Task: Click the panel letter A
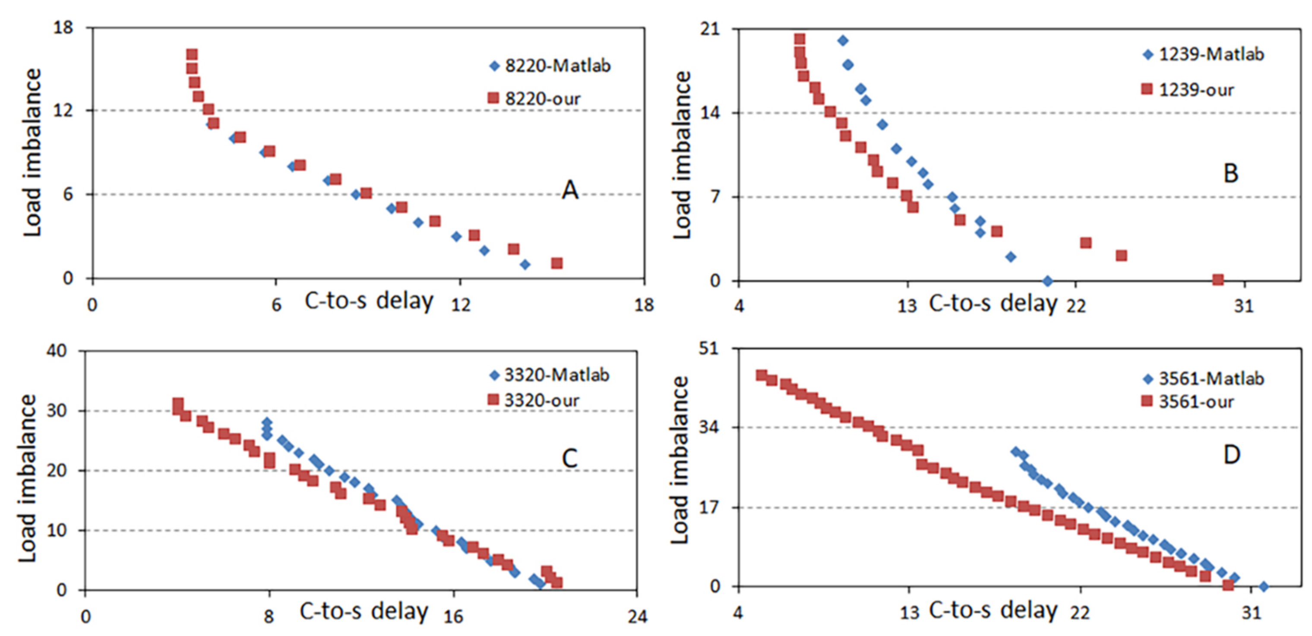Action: click(570, 190)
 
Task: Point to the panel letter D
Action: click(1232, 454)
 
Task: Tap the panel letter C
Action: click(569, 458)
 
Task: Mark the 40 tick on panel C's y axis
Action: click(56, 351)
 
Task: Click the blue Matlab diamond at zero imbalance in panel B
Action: click(1048, 281)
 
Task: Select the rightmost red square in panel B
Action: click(1218, 279)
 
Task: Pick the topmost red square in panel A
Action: click(192, 54)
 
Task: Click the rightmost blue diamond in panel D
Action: click(1263, 587)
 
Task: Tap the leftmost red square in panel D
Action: click(761, 375)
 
